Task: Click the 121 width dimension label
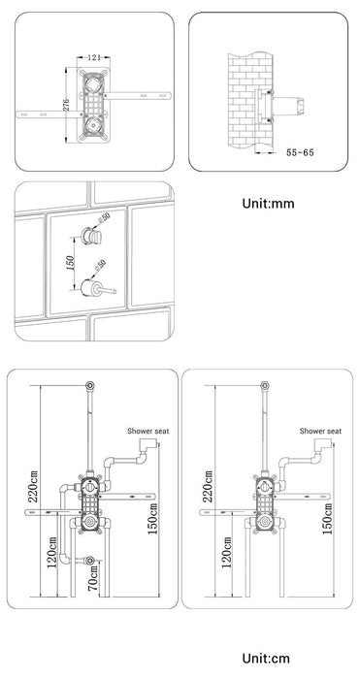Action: click(x=94, y=57)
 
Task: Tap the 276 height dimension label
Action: click(x=66, y=105)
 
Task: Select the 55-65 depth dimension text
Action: click(x=300, y=152)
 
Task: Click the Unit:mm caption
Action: click(x=268, y=204)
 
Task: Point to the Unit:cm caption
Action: click(x=266, y=659)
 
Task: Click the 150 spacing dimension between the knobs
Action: click(x=71, y=263)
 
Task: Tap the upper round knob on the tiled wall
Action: click(x=91, y=236)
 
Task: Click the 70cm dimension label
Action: click(x=93, y=580)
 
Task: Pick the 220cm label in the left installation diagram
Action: click(x=33, y=486)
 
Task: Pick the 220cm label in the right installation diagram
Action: click(x=209, y=486)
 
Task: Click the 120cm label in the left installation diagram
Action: click(x=52, y=553)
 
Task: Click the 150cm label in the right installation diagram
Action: click(x=328, y=519)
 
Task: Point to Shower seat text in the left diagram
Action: click(x=148, y=431)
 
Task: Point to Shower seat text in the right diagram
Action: click(x=320, y=431)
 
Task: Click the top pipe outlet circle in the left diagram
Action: click(x=90, y=385)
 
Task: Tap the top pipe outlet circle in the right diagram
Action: click(x=265, y=385)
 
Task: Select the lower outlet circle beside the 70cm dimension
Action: click(x=90, y=561)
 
